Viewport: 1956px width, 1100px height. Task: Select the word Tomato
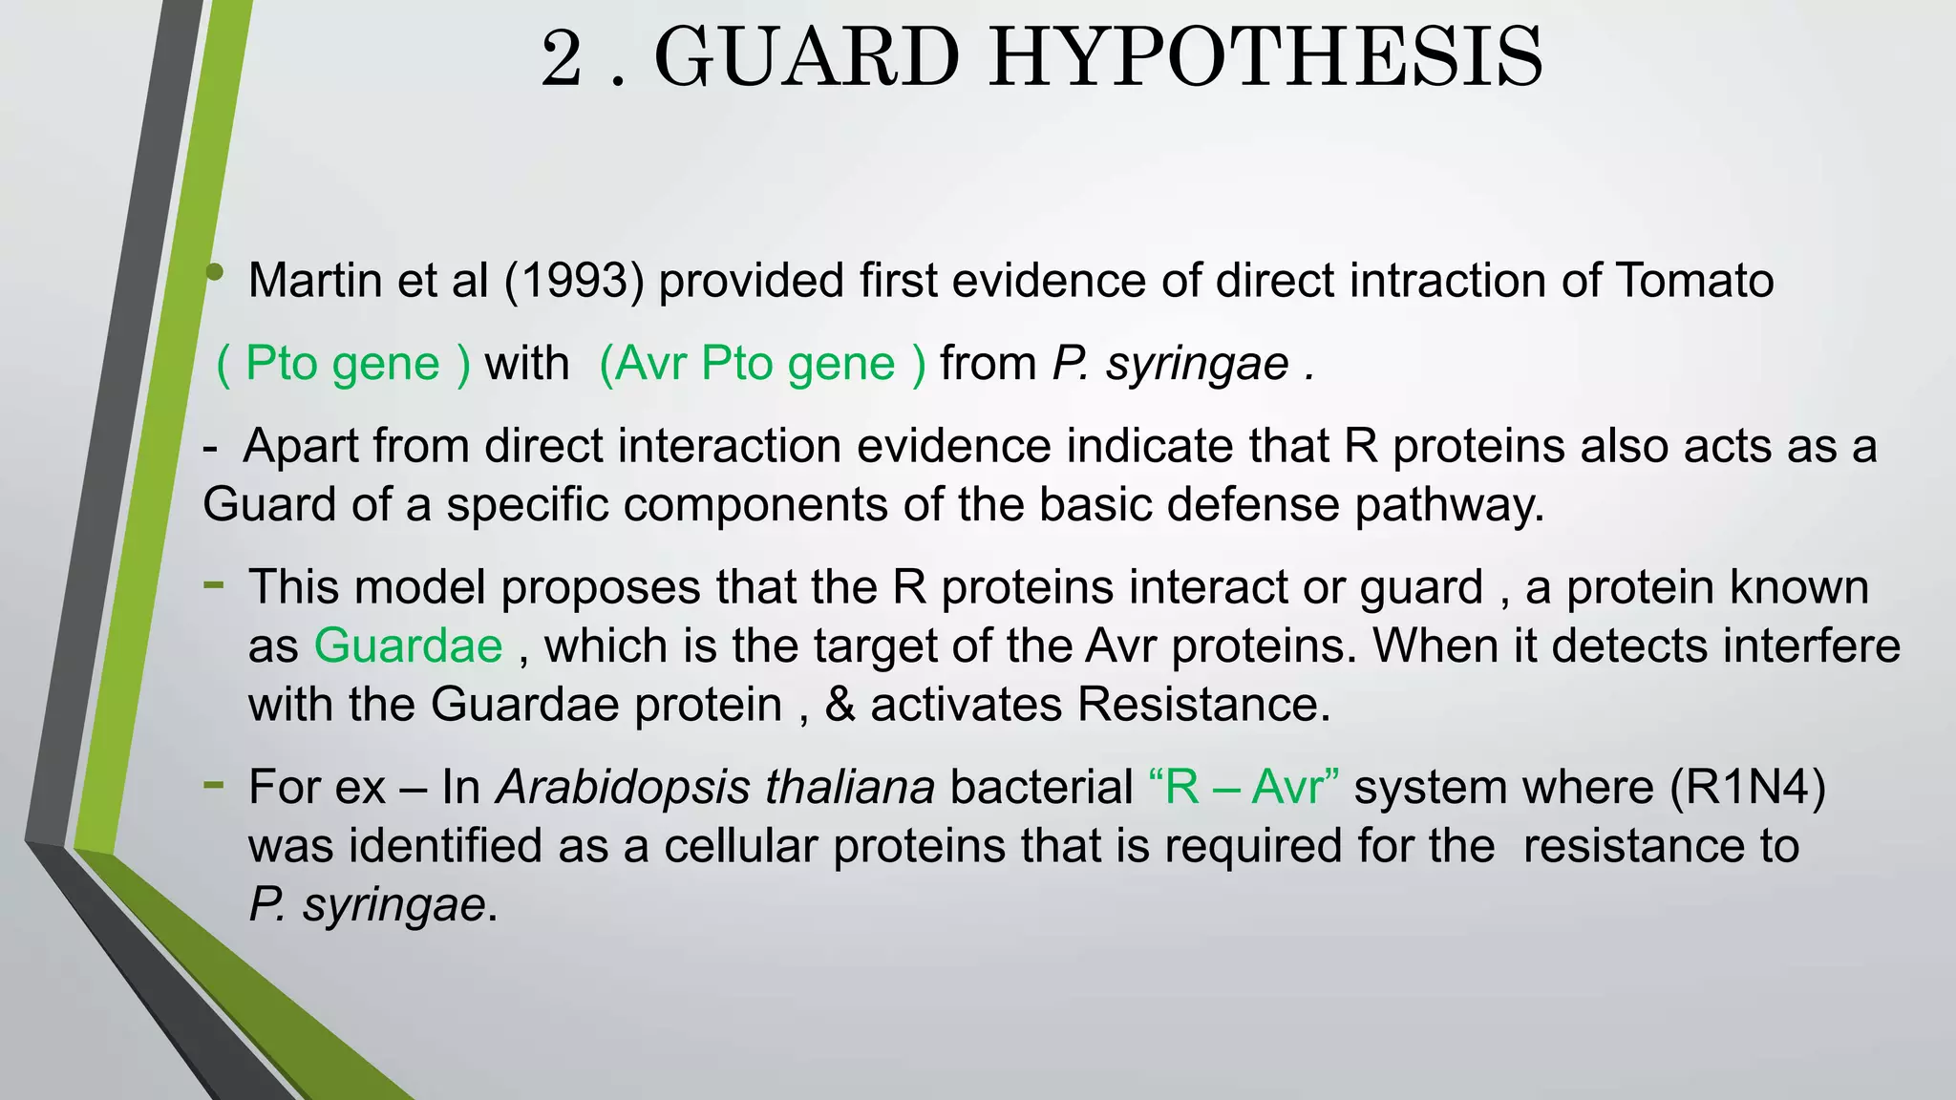(x=1694, y=281)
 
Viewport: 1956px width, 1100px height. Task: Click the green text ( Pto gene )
(x=344, y=364)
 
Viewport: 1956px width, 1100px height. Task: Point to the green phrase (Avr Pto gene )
(x=762, y=364)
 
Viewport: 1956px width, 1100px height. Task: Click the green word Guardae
(x=408, y=646)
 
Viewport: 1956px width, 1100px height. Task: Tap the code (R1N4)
(x=1748, y=788)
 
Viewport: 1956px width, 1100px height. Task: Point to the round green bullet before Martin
(x=215, y=273)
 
